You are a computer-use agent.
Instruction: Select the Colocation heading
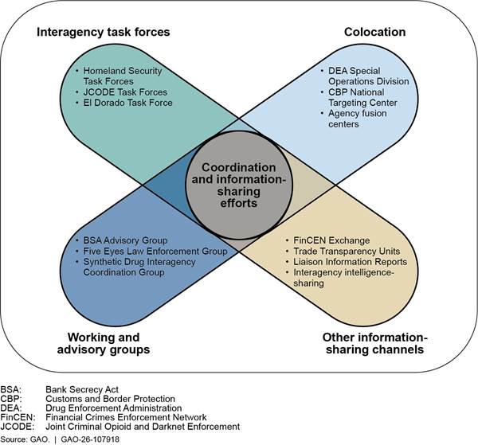374,33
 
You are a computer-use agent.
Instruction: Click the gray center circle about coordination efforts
237,186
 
